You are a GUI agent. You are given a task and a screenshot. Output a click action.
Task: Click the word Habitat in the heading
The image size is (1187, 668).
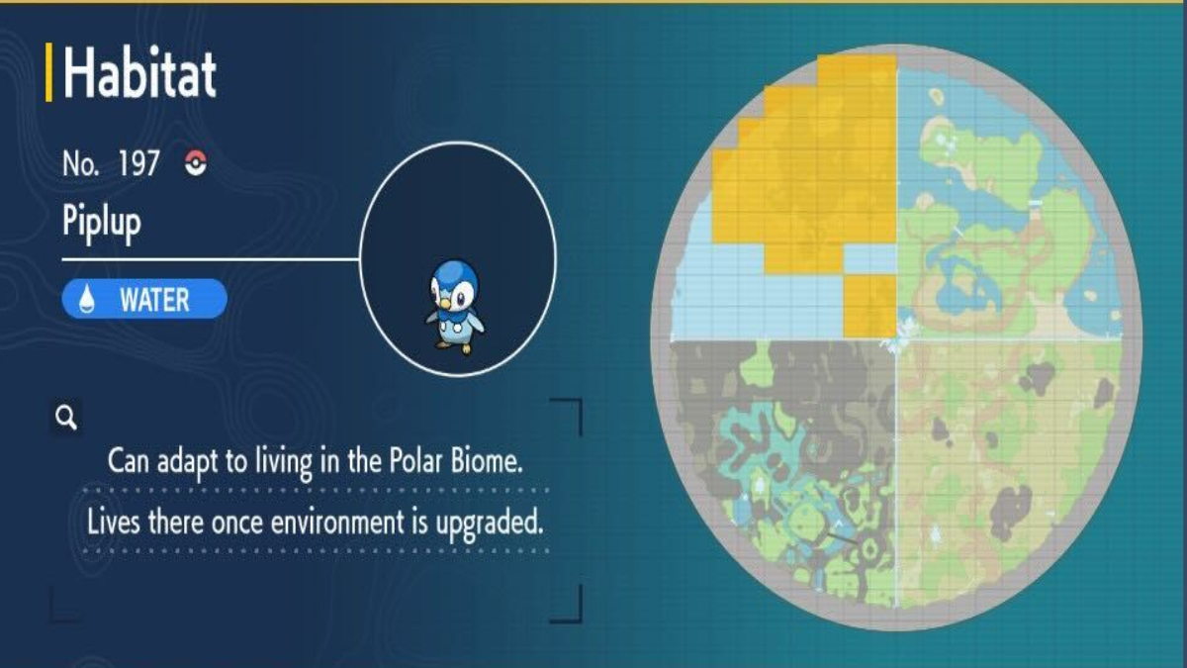(139, 72)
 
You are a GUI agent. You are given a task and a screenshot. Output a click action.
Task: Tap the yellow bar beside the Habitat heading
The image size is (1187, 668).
(48, 72)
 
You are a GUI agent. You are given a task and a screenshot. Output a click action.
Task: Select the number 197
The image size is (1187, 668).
(138, 163)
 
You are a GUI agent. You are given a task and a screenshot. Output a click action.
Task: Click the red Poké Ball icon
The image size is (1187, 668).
(196, 162)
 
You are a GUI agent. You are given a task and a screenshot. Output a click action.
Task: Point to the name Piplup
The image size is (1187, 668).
(102, 223)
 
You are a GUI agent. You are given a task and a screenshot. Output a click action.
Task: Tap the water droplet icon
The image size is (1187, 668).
(87, 300)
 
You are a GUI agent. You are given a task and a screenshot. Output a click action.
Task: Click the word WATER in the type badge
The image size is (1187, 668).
(154, 300)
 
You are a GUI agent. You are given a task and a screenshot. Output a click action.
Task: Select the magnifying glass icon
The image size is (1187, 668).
(66, 418)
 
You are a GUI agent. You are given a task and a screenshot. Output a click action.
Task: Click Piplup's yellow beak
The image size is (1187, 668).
(445, 304)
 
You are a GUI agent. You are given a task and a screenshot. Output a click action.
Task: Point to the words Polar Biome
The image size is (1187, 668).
(456, 461)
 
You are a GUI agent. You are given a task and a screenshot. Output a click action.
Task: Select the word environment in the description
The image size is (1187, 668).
(337, 523)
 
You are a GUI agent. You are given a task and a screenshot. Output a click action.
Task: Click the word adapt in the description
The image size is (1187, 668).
(188, 463)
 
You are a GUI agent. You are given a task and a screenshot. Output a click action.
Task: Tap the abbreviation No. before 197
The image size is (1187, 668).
(80, 163)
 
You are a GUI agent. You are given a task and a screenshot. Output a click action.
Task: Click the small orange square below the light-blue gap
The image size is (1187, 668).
(869, 306)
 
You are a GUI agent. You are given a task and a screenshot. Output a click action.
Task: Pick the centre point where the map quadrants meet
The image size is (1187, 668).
(896, 339)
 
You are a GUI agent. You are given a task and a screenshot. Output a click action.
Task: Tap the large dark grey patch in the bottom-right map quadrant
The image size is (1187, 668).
(1010, 509)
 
